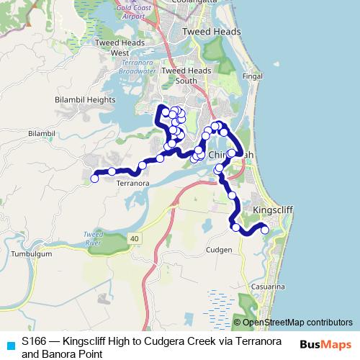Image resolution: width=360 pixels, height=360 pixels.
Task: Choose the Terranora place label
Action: click(132, 184)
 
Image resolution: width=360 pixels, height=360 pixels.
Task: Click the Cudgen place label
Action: click(219, 250)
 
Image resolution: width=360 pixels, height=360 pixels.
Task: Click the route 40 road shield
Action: click(135, 238)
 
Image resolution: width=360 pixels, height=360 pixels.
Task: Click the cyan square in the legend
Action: click(10, 345)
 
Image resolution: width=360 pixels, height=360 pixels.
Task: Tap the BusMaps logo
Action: click(325, 344)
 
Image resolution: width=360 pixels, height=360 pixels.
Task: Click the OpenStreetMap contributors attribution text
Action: click(297, 323)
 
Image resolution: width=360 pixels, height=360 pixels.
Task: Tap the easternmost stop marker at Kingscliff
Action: click(264, 230)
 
